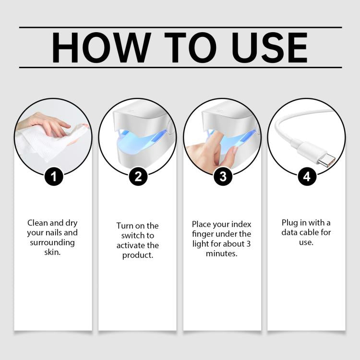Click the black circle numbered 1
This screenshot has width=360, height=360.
(53, 177)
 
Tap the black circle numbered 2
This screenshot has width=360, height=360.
(138, 177)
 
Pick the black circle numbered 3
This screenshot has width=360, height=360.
(223, 177)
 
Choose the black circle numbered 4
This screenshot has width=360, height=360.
(307, 177)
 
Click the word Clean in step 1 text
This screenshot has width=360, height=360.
(37, 223)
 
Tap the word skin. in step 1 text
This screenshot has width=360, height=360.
(52, 252)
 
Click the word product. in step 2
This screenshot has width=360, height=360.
(138, 255)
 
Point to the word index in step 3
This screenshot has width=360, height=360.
(241, 224)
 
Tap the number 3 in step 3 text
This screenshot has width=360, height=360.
(249, 244)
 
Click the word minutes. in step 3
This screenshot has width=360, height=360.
(222, 253)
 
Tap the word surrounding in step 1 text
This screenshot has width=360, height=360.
(52, 243)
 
